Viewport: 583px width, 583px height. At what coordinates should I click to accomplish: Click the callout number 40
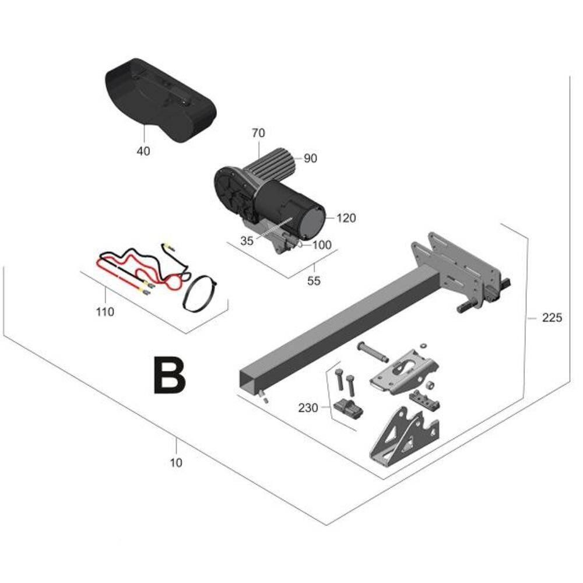coord(143,152)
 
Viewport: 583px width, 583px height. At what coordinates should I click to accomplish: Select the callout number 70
coord(258,133)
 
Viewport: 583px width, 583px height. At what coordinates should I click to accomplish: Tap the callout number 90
coord(311,159)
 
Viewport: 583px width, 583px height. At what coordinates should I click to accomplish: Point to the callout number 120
coord(346,218)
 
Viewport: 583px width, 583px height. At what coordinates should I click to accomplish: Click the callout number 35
coord(247,241)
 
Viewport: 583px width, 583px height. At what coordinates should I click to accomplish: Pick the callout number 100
coord(322,245)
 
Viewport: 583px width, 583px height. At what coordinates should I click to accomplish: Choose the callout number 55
coord(314,281)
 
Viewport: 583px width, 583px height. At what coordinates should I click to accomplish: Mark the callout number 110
coord(105,312)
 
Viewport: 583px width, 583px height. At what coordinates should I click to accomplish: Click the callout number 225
coord(552,318)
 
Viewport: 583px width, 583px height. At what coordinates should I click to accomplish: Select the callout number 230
coord(308,408)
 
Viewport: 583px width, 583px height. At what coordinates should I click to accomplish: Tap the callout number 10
coord(176,463)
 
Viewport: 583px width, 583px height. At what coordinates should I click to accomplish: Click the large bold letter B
coord(169,375)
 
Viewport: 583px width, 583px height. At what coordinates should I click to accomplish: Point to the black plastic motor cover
coord(160,100)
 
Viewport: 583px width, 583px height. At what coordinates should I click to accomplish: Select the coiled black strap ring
coord(199,293)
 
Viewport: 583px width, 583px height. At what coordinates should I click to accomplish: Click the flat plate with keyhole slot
coord(405,371)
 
